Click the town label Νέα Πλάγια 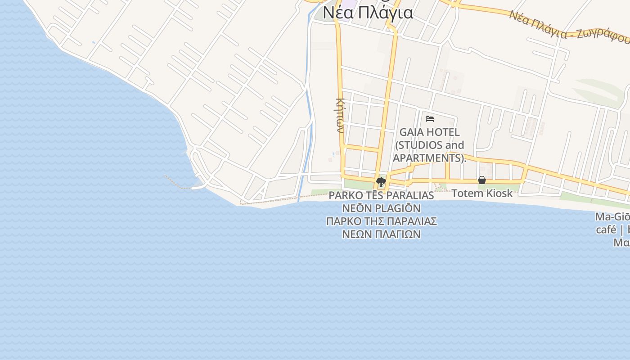pos(368,12)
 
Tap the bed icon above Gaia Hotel pos(430,119)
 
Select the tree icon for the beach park pos(381,182)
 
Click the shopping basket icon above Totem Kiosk pos(482,180)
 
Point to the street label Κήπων pos(340,115)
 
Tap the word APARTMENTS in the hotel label pos(428,158)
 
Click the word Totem pos(465,193)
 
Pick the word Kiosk pos(498,193)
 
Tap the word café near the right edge pos(606,229)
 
